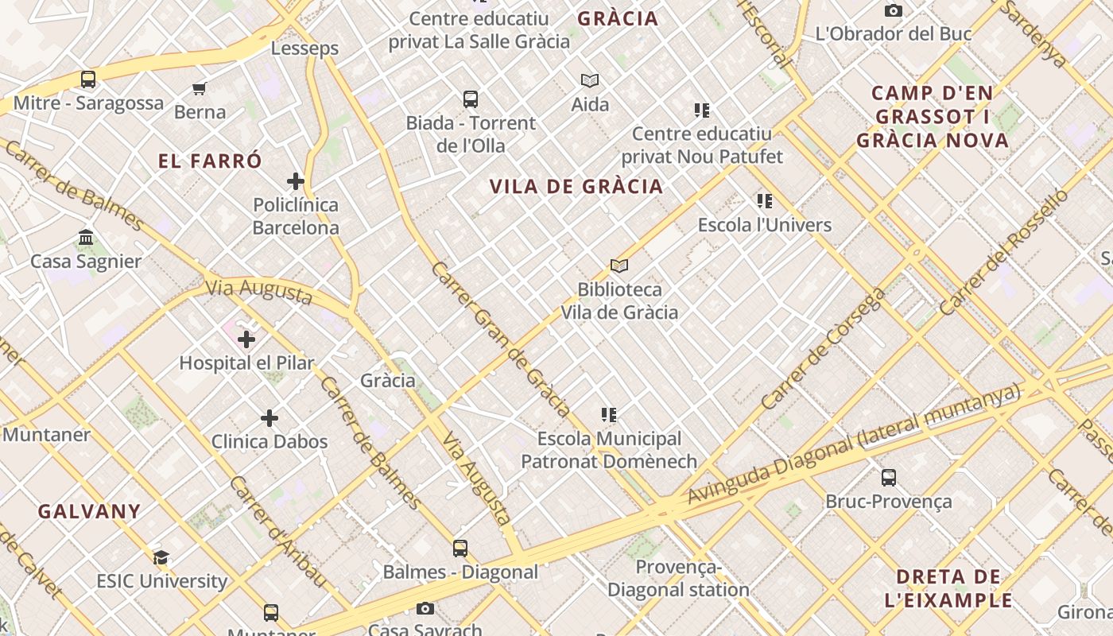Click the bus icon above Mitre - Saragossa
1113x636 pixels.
88,79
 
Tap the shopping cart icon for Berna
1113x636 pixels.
200,88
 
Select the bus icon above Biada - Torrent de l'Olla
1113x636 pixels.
471,99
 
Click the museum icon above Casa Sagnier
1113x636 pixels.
86,238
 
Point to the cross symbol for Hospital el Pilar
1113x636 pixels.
246,339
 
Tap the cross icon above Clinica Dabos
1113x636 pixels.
270,418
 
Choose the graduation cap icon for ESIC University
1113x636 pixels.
161,557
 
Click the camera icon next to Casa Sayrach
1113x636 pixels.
425,609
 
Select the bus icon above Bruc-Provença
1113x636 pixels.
889,478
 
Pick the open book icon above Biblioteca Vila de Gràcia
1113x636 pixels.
619,266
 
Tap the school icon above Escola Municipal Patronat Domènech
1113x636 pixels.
609,415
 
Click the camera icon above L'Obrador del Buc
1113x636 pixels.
894,10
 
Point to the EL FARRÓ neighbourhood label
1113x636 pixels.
210,161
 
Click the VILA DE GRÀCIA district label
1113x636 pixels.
576,187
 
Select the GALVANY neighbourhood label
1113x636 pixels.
89,511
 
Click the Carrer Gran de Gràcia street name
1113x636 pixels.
501,339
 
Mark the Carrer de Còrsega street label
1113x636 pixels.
823,350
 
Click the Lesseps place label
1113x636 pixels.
304,48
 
